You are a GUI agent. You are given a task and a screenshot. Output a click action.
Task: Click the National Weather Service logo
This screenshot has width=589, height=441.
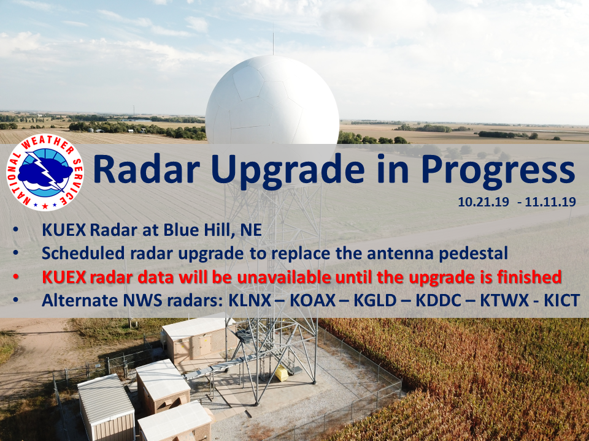[45, 172]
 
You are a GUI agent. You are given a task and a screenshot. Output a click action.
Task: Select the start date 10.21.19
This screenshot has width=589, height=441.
[483, 202]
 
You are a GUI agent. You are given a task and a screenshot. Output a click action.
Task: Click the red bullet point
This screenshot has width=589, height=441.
[16, 277]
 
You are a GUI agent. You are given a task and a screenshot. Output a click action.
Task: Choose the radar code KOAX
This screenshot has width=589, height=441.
[312, 300]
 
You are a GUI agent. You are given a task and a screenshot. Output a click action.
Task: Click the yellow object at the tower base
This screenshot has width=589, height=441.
[282, 374]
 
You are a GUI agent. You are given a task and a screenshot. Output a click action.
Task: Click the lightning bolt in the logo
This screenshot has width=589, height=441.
[45, 171]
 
